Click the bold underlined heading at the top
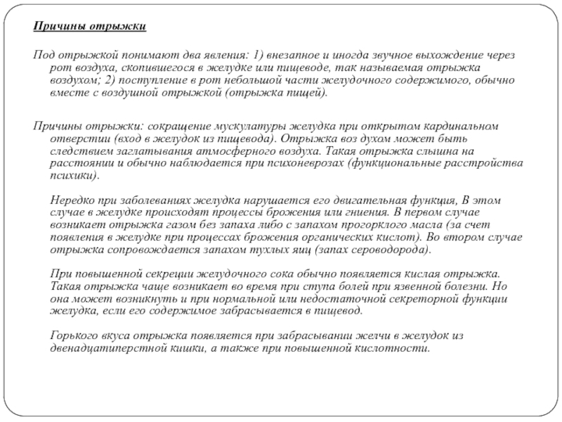click(x=91, y=27)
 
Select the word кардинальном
click(x=460, y=126)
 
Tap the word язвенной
click(x=396, y=286)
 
